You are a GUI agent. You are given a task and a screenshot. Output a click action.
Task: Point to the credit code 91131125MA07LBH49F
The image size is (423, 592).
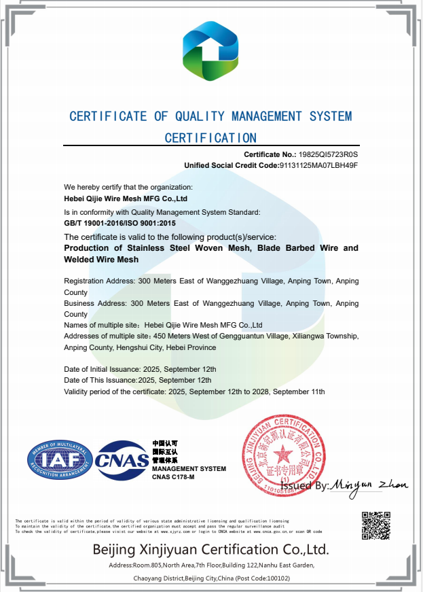318,165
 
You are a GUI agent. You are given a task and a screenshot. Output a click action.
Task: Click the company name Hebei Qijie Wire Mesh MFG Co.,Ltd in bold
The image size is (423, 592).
126,199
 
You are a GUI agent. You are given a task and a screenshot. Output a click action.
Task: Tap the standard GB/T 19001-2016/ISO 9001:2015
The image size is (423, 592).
120,223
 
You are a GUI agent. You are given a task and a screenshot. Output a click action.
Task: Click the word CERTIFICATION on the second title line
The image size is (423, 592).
211,138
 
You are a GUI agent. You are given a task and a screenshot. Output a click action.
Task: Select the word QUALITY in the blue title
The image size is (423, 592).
197,116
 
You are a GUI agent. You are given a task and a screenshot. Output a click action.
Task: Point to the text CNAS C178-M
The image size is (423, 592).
174,477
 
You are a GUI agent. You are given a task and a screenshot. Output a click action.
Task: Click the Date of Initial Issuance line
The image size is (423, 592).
141,369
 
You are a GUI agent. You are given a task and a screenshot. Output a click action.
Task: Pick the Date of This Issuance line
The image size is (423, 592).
138,380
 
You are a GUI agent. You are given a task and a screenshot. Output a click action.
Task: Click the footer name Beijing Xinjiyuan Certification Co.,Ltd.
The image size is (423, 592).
210,549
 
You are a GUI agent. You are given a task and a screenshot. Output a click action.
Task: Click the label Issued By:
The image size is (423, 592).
304,486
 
